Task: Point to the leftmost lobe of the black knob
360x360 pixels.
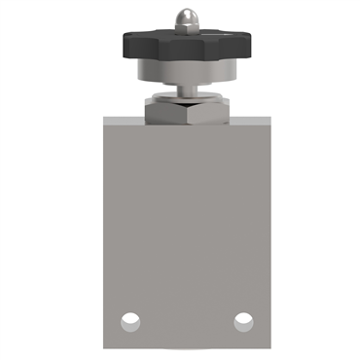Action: point(128,45)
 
